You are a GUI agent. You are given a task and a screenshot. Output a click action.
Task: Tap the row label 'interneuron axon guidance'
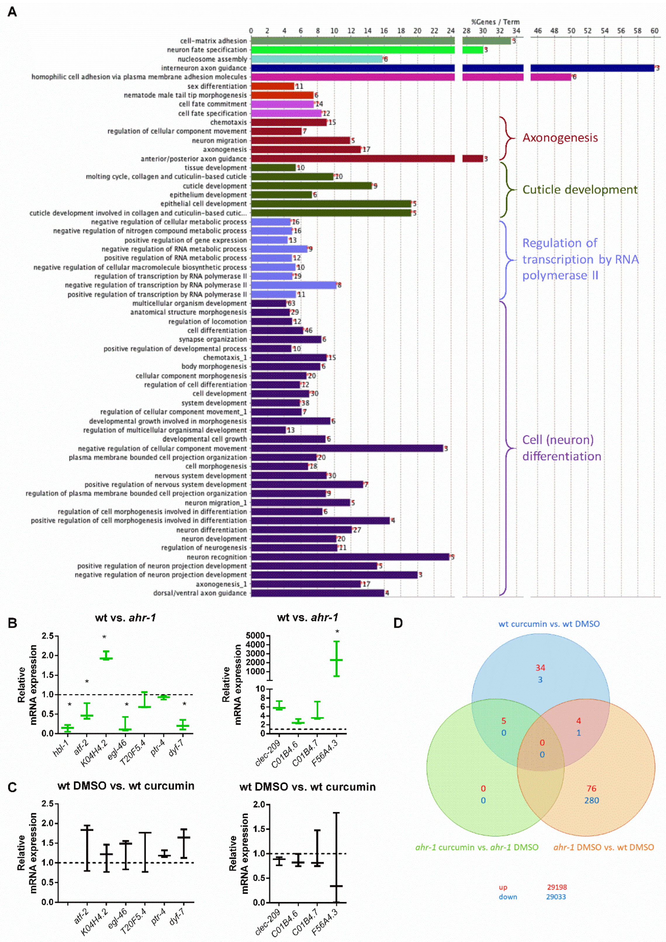(204, 68)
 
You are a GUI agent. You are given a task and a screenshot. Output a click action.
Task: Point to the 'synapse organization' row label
(212, 340)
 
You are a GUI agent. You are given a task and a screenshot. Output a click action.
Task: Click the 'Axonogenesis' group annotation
(560, 138)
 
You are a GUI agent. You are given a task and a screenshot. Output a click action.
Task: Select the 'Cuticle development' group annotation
(579, 190)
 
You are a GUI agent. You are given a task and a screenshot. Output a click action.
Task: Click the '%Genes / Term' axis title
(495, 22)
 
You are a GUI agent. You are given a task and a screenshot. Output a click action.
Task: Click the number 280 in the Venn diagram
(591, 800)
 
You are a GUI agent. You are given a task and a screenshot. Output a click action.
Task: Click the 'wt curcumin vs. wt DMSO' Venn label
(549, 624)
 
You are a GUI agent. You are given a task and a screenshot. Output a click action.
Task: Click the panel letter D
(398, 623)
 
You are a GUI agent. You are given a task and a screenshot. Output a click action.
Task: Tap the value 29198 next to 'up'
(556, 887)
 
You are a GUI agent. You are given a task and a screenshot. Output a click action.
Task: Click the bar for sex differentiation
(273, 86)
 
